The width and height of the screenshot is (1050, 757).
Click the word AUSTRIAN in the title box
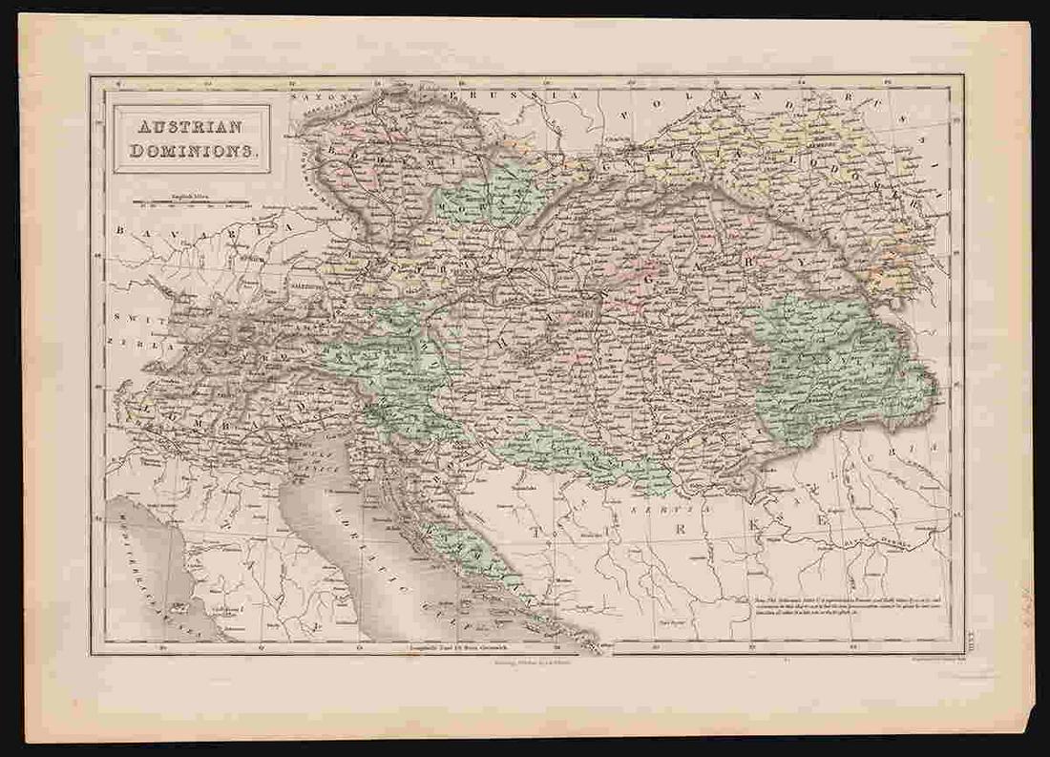pyautogui.click(x=191, y=127)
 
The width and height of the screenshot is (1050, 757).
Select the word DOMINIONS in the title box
pyautogui.click(x=191, y=150)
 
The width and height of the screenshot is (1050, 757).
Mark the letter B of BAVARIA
pyautogui.click(x=122, y=230)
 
